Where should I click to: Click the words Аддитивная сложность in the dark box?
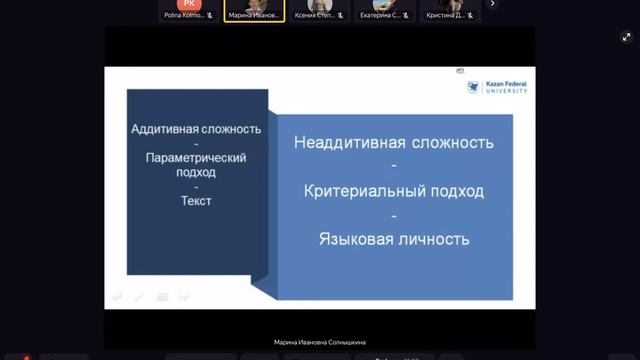[x=196, y=129]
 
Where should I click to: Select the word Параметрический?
[x=196, y=158]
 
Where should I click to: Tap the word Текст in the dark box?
[x=196, y=201]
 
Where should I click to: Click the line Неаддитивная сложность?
[x=394, y=142]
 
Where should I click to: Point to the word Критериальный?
[x=361, y=191]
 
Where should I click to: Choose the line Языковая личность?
[x=394, y=240]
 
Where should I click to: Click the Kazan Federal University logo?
[x=497, y=88]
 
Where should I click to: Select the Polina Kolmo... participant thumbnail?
[x=189, y=10]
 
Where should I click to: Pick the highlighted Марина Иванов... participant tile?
[x=254, y=10]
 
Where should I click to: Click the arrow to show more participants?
[x=492, y=4]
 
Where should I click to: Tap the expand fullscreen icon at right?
[x=627, y=37]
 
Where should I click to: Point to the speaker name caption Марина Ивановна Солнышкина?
[x=320, y=341]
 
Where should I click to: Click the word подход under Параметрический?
[x=196, y=172]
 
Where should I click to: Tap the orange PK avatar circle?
[x=190, y=4]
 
